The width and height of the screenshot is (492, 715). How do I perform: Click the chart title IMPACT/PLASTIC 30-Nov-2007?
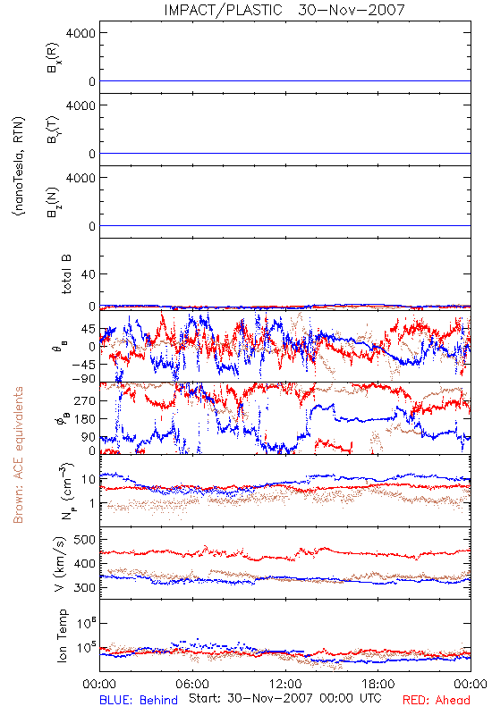[x=284, y=10]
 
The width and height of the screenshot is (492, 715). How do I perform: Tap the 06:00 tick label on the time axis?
[x=192, y=684]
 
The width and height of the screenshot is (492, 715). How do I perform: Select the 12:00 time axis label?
[x=285, y=684]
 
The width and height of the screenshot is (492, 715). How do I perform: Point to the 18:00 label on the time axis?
[x=378, y=684]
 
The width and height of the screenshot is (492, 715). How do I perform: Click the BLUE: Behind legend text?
[x=139, y=700]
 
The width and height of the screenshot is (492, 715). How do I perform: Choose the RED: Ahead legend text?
[x=436, y=700]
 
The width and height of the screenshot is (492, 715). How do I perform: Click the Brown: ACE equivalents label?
[x=18, y=455]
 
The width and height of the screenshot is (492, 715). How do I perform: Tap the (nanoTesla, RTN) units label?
[x=19, y=166]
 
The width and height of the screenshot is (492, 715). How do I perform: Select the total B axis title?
[x=66, y=274]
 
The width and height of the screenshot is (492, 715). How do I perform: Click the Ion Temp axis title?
[x=62, y=635]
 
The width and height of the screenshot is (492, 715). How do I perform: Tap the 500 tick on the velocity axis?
[x=84, y=540]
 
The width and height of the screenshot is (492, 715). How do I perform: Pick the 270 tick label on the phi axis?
[x=84, y=400]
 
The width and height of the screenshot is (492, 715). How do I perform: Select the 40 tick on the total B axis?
[x=88, y=274]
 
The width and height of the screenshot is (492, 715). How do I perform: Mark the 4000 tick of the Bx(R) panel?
[x=81, y=33]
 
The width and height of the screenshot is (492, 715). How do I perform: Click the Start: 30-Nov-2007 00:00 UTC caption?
[x=285, y=698]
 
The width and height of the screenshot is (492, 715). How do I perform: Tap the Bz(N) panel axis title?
[x=54, y=202]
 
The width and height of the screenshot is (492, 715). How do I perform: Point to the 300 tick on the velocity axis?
[x=84, y=587]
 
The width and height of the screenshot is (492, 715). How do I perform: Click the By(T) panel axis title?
[x=54, y=130]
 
